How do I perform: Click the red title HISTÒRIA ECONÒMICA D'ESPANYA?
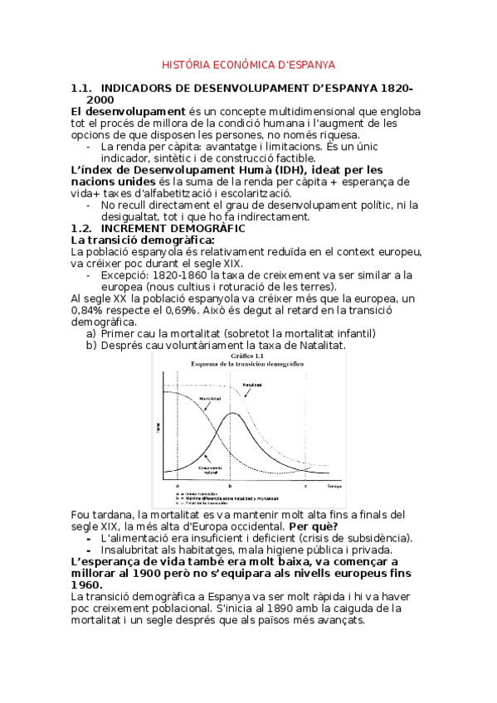[x=247, y=64]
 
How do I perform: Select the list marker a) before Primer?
[x=91, y=333]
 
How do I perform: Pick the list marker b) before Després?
[x=91, y=345]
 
